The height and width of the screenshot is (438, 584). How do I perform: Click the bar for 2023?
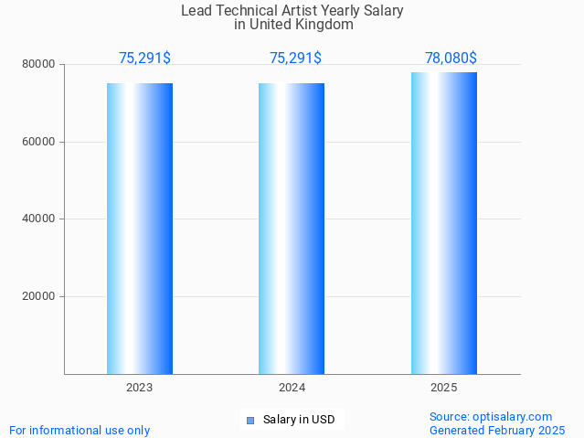(140, 229)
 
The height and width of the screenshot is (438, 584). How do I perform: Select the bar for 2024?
(292, 229)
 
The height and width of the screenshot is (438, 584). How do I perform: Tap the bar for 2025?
(443, 223)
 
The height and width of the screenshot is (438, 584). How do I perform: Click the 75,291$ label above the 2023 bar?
(144, 59)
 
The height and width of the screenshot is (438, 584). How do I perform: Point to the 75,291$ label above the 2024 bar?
(295, 59)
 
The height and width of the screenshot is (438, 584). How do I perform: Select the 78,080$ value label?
(451, 59)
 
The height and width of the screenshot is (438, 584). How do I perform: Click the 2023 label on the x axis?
(140, 388)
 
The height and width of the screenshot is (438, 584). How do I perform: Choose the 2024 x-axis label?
(292, 388)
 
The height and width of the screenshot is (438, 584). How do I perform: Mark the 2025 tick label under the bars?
(443, 388)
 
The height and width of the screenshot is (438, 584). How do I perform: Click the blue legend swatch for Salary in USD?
(250, 421)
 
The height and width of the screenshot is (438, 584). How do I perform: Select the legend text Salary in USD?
(299, 421)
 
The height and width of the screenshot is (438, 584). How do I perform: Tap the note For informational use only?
(80, 431)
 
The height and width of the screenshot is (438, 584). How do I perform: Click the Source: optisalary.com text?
(491, 417)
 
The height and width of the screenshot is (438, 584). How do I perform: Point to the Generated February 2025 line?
(497, 431)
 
